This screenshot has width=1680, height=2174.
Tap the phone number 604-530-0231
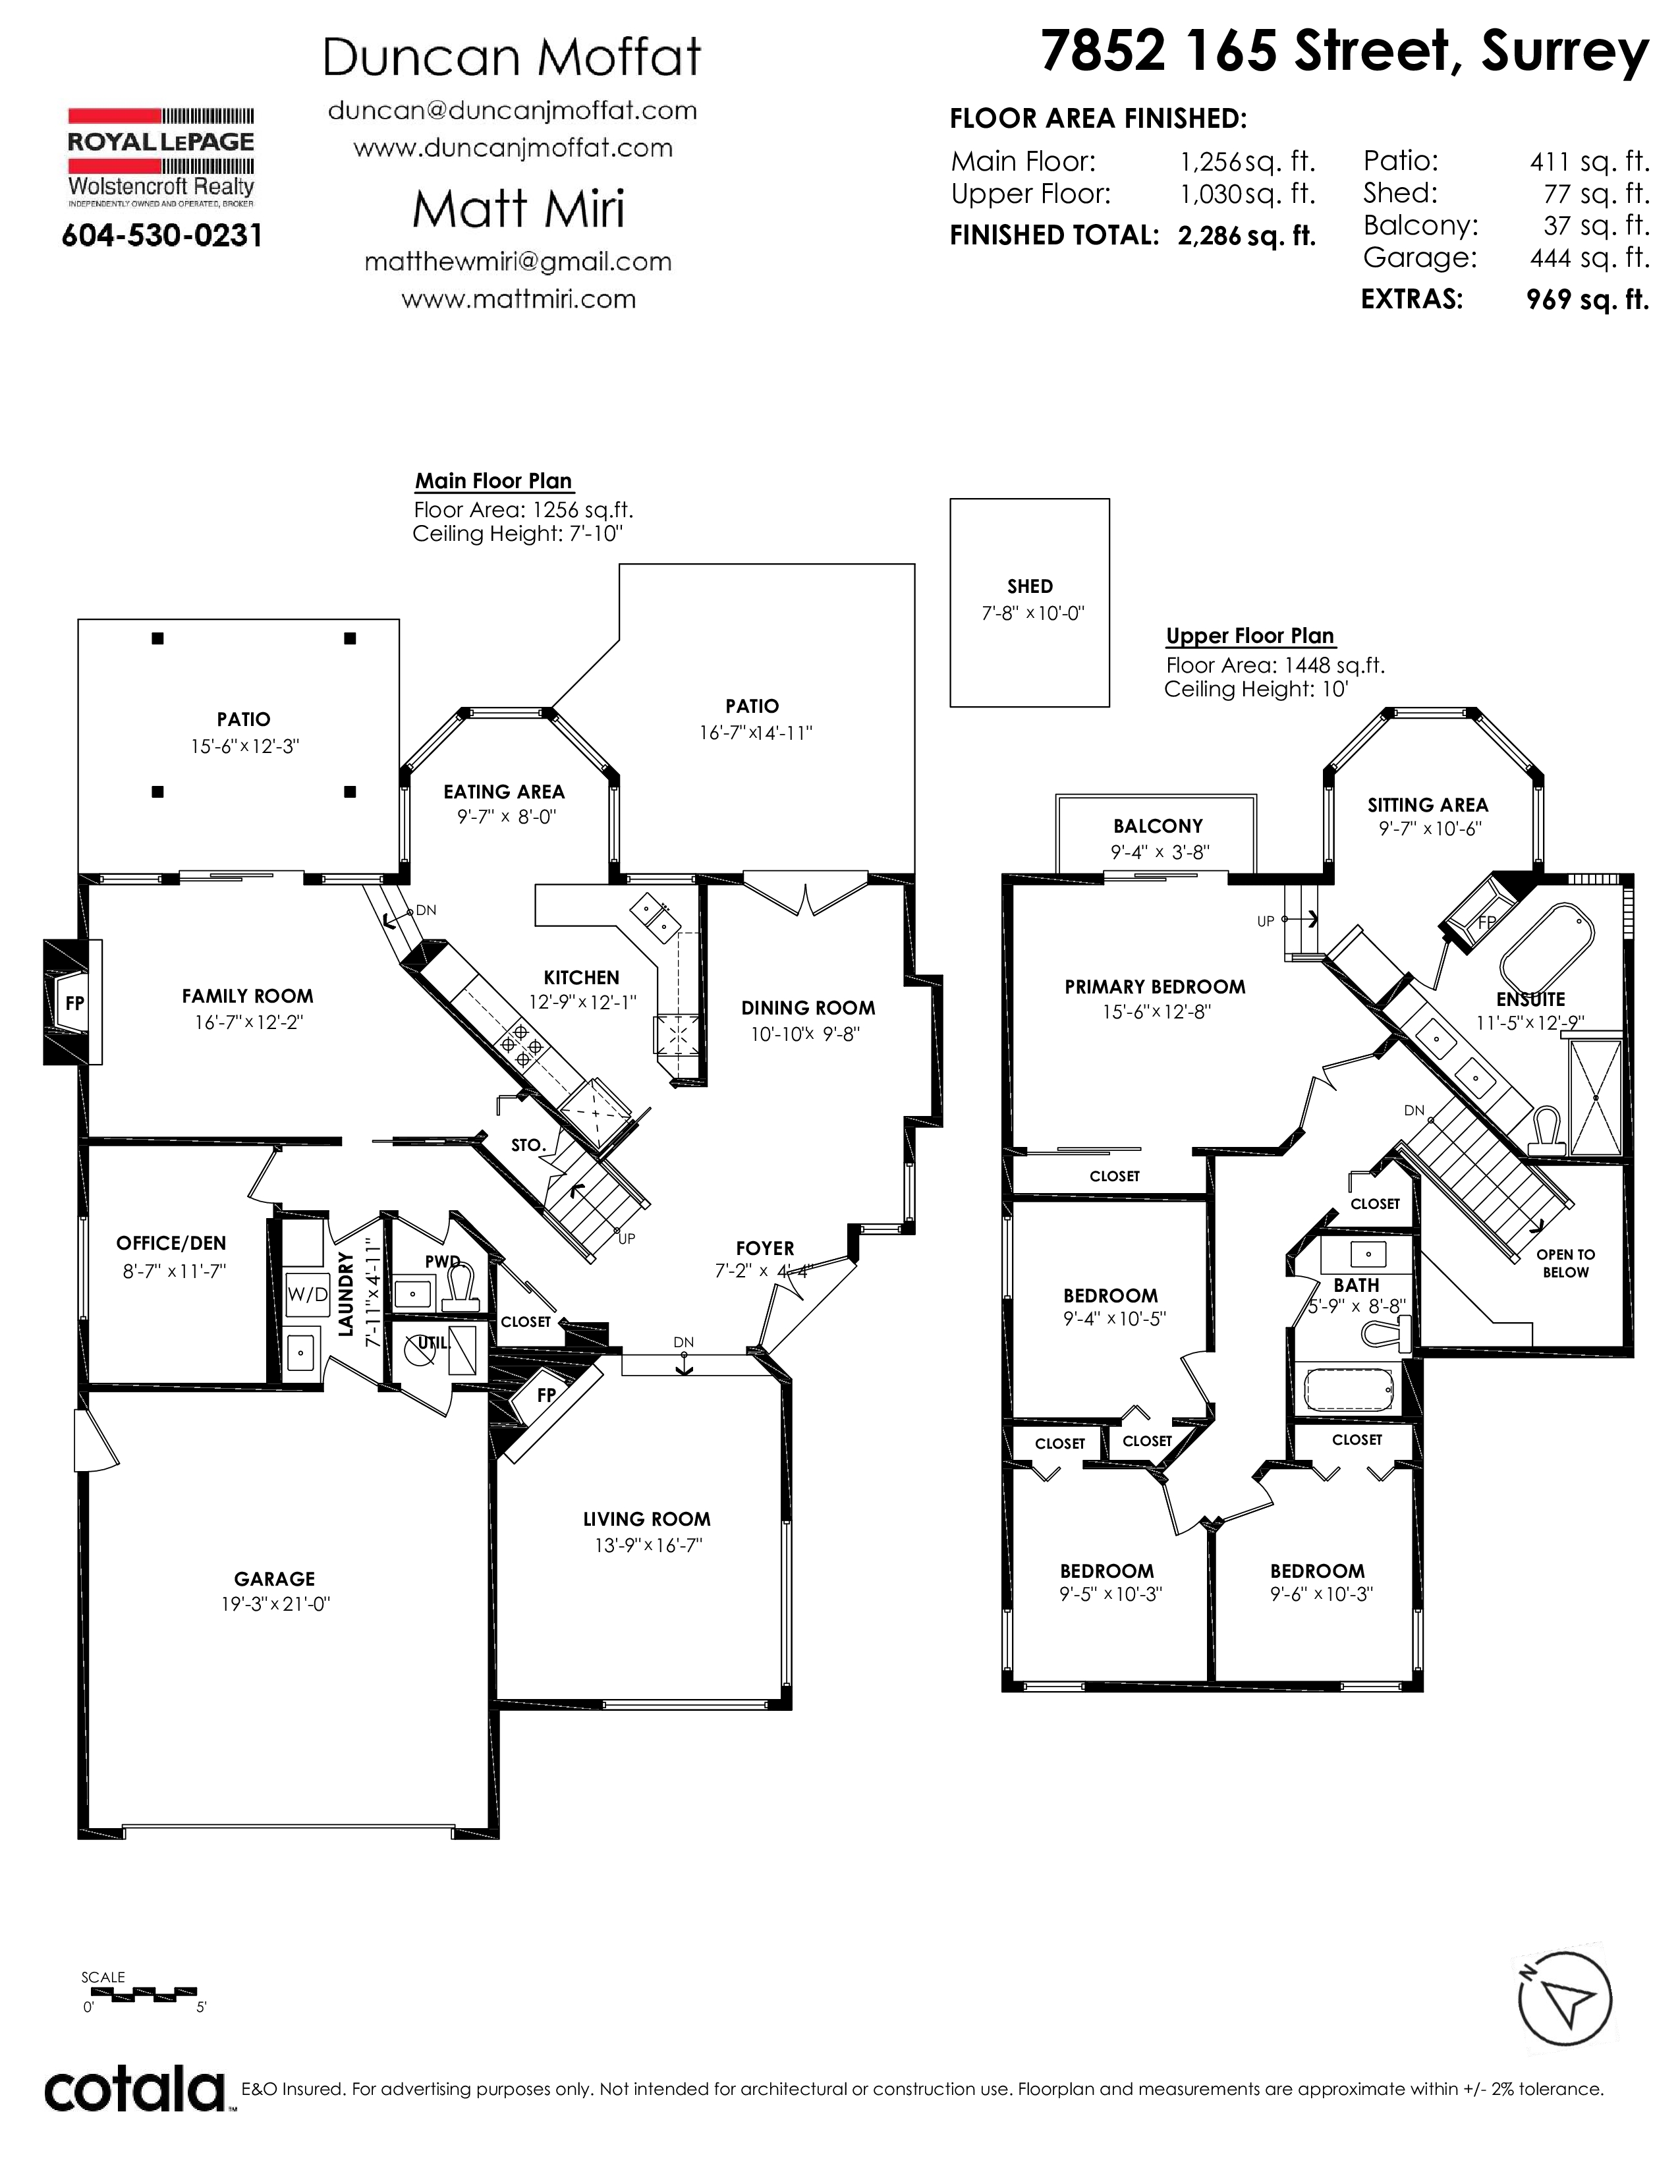[162, 236]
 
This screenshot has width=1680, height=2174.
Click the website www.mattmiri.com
[518, 298]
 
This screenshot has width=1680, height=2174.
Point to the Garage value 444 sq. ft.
[1590, 258]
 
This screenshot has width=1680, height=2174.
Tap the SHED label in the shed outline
[1029, 586]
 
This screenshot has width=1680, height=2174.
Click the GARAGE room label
[275, 1578]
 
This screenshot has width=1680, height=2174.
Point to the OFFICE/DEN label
[171, 1243]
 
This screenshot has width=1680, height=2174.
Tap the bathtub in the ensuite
[1547, 943]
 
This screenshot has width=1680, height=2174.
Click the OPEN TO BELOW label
[1565, 1263]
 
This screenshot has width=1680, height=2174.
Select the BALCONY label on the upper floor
[1158, 826]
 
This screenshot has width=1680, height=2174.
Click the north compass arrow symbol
[1565, 2001]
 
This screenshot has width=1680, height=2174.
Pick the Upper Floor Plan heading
[1250, 636]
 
